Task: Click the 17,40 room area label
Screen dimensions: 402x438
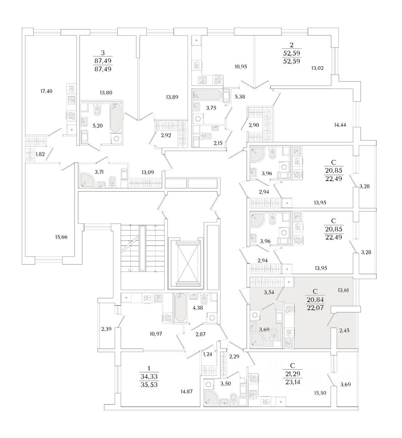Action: coord(46,91)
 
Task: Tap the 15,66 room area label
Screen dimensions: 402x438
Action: coord(61,237)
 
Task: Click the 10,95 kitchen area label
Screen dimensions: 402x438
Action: coord(240,67)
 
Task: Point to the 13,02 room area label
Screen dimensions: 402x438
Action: coord(317,68)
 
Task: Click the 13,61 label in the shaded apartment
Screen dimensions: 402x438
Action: coord(344,289)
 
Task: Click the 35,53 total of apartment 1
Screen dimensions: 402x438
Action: coord(149,385)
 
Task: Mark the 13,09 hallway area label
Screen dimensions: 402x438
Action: coord(148,172)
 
